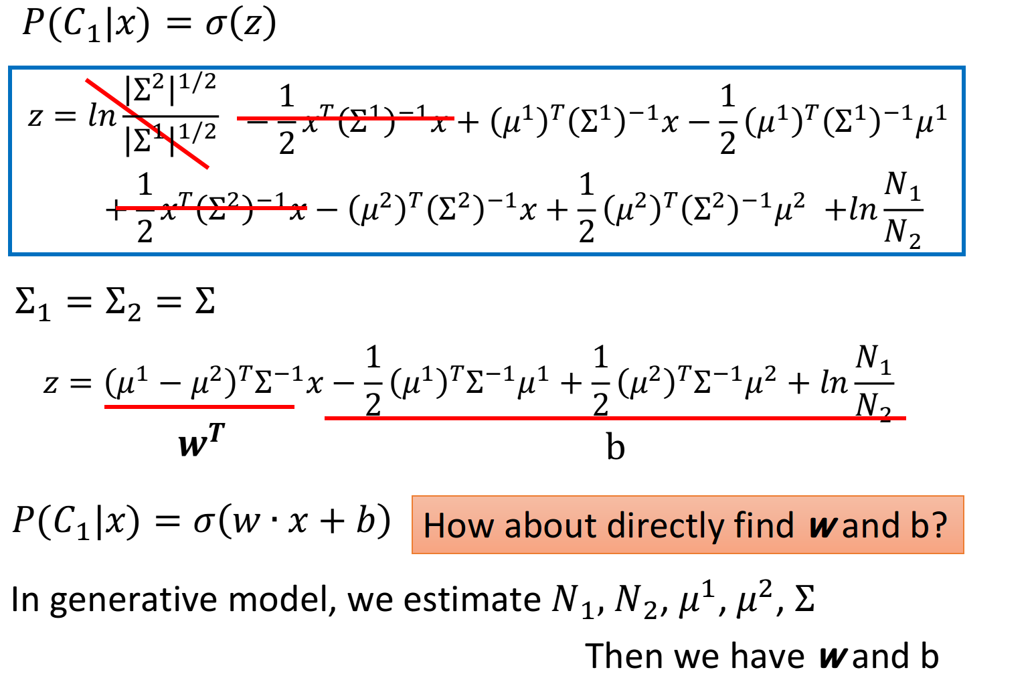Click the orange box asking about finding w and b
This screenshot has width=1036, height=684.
(x=688, y=525)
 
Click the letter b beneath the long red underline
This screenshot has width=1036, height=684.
(x=616, y=447)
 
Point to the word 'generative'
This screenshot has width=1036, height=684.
(x=133, y=601)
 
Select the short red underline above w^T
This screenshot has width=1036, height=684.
(x=199, y=407)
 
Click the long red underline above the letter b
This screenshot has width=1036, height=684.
(x=615, y=418)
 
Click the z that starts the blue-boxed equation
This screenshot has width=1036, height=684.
(x=35, y=116)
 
